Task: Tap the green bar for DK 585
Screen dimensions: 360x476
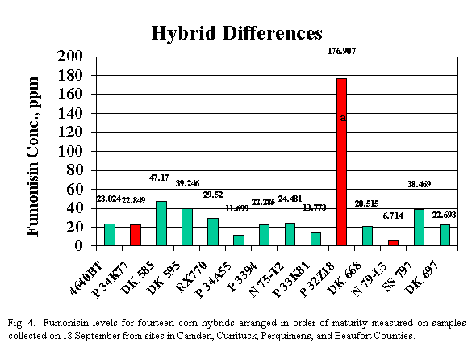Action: (x=161, y=223)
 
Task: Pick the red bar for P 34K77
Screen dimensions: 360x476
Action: (x=136, y=235)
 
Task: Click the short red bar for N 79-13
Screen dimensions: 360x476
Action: (x=393, y=242)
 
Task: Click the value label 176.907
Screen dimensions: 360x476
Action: (x=342, y=51)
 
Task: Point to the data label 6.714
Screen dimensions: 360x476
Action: (x=393, y=216)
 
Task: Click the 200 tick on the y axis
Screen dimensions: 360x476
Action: (x=70, y=57)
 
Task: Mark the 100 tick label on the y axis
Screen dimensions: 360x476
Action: (x=70, y=151)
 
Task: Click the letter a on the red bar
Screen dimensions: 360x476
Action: (x=343, y=118)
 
